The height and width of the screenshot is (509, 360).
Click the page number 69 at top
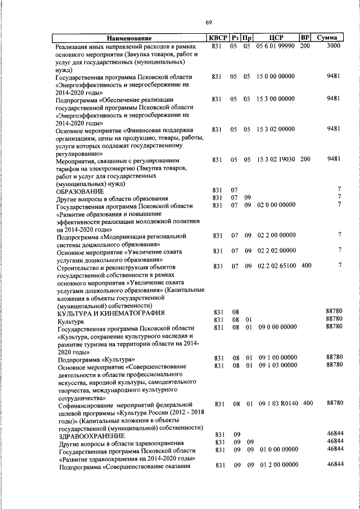point(208,22)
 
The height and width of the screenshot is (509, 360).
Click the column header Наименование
point(129,38)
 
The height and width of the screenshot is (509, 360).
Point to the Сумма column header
point(327,38)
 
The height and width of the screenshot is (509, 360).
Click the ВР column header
point(305,38)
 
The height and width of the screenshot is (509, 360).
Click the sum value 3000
point(334,46)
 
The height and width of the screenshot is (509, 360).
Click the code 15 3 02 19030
point(276,160)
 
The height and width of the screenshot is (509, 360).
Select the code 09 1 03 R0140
point(277,403)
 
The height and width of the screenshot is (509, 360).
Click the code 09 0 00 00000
point(277,327)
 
